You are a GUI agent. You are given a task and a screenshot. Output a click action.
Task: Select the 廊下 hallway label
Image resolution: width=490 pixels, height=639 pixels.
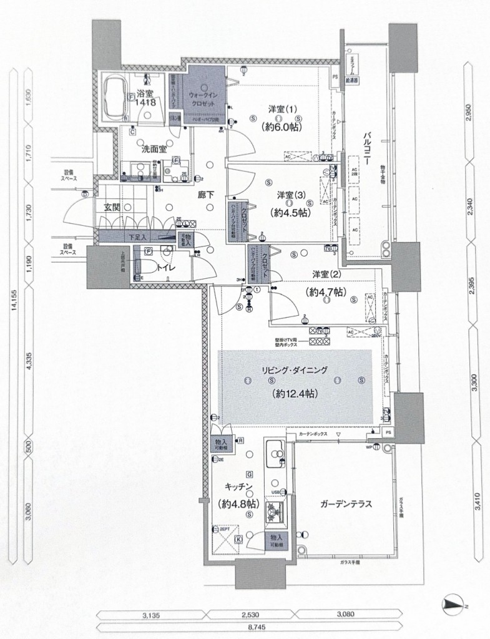pyautogui.click(x=206, y=195)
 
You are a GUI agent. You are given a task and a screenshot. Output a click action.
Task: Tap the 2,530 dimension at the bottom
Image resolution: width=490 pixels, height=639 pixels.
pyautogui.click(x=252, y=615)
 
